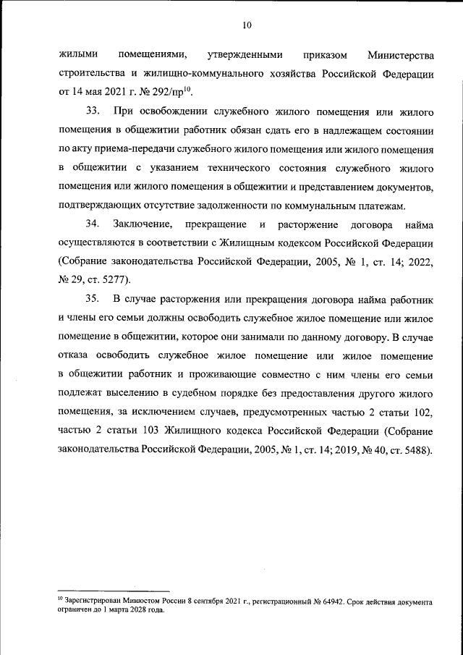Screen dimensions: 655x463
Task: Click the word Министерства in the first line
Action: click(x=400, y=55)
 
